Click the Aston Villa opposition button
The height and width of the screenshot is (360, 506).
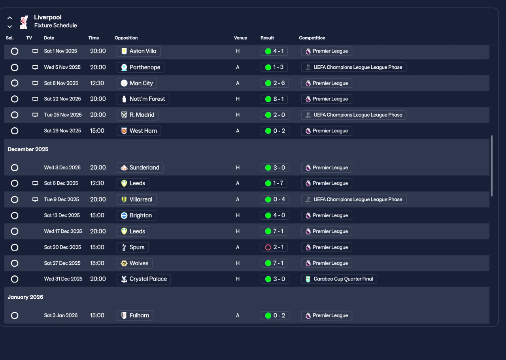[138, 51]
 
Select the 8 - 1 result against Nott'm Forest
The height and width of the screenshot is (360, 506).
[275, 99]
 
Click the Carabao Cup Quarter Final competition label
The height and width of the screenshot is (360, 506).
[339, 279]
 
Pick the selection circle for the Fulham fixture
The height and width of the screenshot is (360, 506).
[15, 315]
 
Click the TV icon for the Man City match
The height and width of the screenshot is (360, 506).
[35, 83]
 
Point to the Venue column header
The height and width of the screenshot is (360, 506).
[240, 38]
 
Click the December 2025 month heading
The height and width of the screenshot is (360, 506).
[28, 149]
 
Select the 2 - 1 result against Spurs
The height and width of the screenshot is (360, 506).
[275, 247]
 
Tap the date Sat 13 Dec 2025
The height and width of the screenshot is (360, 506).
[62, 215]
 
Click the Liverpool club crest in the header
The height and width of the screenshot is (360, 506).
[24, 21]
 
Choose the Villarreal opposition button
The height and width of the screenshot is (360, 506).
[137, 200]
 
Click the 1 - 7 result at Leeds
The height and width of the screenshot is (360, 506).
[275, 183]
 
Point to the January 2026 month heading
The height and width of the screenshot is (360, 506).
[25, 297]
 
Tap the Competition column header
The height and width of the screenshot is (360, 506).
[312, 38]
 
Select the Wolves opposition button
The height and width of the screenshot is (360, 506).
[135, 263]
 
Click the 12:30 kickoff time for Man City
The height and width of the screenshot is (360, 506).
[98, 83]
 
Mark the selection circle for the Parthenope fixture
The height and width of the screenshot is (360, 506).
[15, 67]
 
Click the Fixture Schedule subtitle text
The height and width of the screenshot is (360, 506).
[55, 26]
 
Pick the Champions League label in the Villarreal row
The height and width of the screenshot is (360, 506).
[353, 200]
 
